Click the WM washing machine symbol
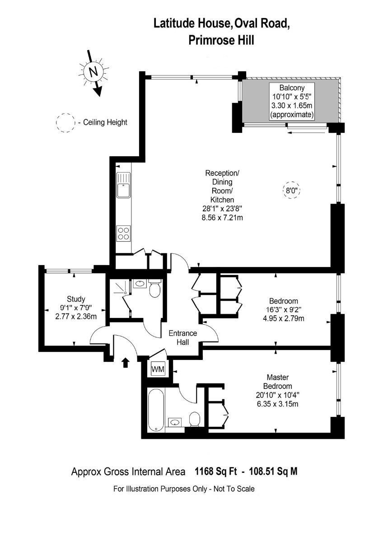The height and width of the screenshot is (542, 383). pyautogui.click(x=158, y=369)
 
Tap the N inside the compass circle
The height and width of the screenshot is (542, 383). pyautogui.click(x=93, y=72)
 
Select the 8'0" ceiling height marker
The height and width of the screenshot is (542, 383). pyautogui.click(x=291, y=191)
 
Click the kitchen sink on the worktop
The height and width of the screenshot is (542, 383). pyautogui.click(x=123, y=185)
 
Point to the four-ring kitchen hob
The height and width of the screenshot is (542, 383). pyautogui.click(x=123, y=233)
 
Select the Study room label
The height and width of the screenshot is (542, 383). pyautogui.click(x=76, y=299)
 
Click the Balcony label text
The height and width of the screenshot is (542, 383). pyautogui.click(x=292, y=88)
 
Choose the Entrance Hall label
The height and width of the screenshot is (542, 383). pyautogui.click(x=182, y=337)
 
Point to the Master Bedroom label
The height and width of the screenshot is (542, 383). pyautogui.click(x=277, y=382)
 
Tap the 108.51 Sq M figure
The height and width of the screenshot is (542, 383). pyautogui.click(x=273, y=472)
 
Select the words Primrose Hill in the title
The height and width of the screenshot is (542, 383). pyautogui.click(x=221, y=40)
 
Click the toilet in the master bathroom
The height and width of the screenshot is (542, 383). pyautogui.click(x=194, y=419)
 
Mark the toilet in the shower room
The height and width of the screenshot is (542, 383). pyautogui.click(x=154, y=288)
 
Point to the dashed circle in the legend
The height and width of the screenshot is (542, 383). pyautogui.click(x=65, y=123)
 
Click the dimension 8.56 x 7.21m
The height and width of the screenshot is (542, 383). pyautogui.click(x=222, y=218)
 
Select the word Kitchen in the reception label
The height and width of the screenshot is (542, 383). pyautogui.click(x=222, y=200)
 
